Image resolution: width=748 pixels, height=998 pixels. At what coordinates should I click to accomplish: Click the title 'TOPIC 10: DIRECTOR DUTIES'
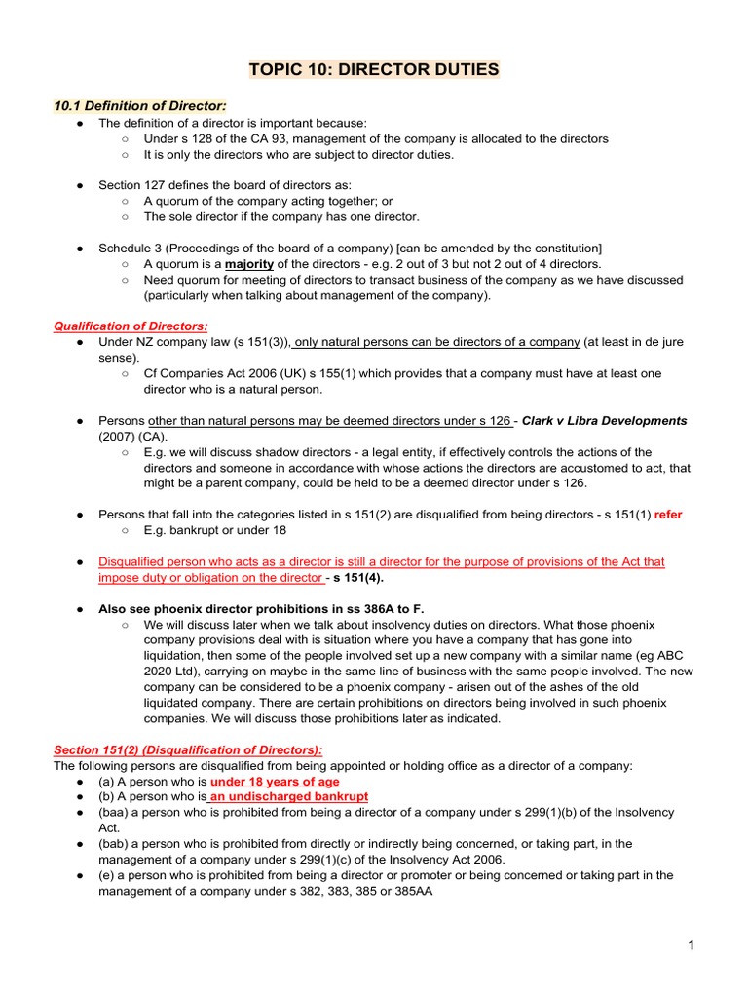[374, 69]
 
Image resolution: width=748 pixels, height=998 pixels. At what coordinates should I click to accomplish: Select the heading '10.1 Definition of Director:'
[142, 105]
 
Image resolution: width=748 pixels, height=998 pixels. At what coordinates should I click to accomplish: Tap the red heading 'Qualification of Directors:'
[131, 326]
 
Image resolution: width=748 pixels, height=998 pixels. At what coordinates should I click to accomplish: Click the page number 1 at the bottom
[691, 946]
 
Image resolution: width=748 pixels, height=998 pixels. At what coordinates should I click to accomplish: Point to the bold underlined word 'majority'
[249, 264]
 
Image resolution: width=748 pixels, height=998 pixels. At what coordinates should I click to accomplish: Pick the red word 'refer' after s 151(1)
[668, 515]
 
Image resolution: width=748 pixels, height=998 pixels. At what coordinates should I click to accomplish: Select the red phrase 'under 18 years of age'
[275, 782]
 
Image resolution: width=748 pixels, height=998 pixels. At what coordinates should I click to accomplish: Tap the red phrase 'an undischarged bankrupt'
[289, 797]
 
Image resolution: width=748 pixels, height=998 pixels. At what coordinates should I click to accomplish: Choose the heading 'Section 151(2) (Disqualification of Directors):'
[188, 749]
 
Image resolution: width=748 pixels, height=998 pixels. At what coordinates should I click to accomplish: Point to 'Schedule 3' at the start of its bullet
[131, 249]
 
